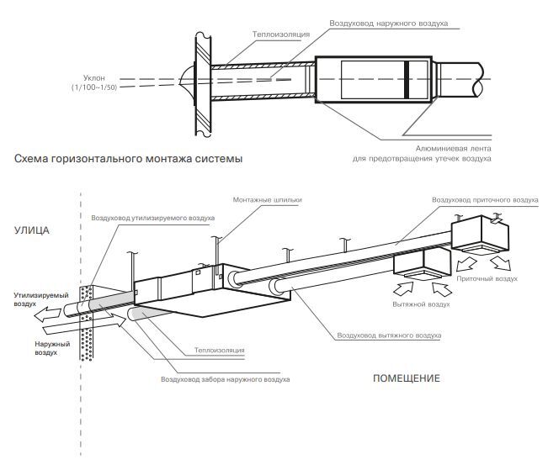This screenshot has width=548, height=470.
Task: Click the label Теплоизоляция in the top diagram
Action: pyautogui.click(x=281, y=34)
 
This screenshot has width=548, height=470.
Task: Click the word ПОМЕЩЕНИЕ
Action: pyautogui.click(x=406, y=378)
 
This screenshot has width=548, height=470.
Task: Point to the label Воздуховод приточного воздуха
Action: pyautogui.click(x=484, y=201)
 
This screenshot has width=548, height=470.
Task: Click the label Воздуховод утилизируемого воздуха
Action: pyautogui.click(x=153, y=218)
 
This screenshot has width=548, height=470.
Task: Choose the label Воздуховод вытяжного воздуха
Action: pyautogui.click(x=388, y=335)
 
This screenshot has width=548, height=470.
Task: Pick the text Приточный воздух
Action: pyautogui.click(x=487, y=277)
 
